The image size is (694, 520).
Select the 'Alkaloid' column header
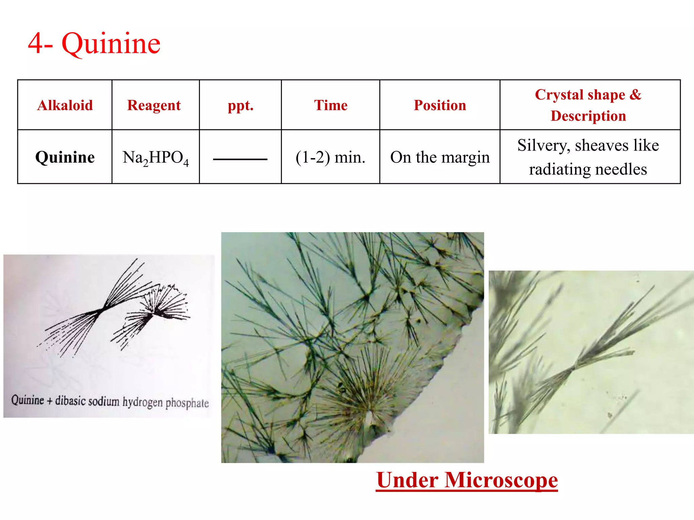(x=65, y=105)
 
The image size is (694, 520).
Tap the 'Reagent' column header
(x=154, y=105)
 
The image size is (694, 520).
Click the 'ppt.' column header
(x=240, y=105)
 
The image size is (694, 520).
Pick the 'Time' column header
(x=330, y=105)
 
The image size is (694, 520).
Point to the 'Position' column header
(x=440, y=105)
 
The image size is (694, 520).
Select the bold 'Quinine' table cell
(x=65, y=157)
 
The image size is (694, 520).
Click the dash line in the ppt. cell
(x=240, y=159)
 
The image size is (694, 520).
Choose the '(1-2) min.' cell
(x=330, y=157)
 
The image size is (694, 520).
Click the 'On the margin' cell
(x=440, y=157)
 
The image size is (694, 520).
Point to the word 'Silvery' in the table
(x=543, y=146)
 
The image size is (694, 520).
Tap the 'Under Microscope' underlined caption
(x=467, y=480)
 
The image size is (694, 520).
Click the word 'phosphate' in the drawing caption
(x=187, y=403)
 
